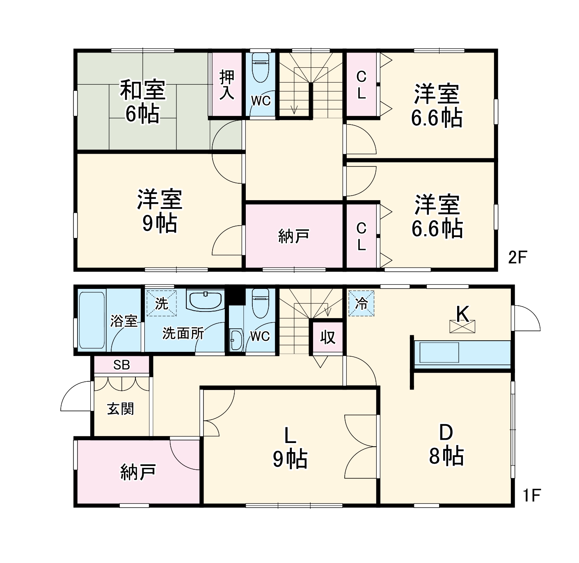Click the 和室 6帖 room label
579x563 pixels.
[142, 102]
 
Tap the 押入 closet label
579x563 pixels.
[227, 85]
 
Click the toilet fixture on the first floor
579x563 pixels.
[260, 303]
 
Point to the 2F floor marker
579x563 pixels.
[517, 258]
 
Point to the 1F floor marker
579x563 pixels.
[532, 495]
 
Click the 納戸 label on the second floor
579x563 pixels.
[293, 237]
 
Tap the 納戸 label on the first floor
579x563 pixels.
[138, 472]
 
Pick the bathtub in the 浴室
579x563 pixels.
[92, 320]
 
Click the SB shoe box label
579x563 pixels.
[121, 365]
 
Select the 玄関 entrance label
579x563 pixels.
[120, 409]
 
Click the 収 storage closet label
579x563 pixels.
[327, 337]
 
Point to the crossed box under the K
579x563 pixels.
[462, 327]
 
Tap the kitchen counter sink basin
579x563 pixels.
[439, 353]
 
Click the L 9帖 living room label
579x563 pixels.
[290, 448]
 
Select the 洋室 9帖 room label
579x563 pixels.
[159, 211]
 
